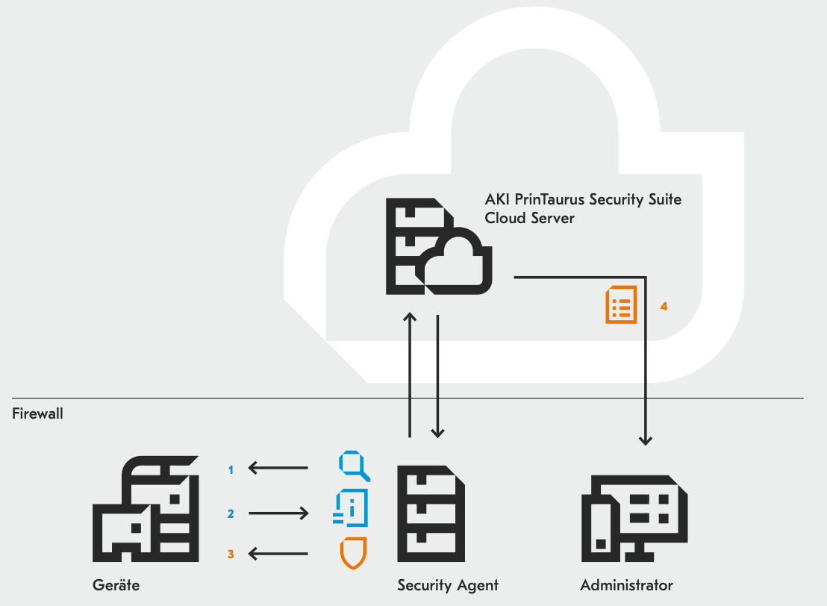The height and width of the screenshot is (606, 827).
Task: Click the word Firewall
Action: (x=37, y=413)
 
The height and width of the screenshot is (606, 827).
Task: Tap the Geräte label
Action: (x=116, y=584)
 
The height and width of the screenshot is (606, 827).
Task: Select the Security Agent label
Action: (x=448, y=584)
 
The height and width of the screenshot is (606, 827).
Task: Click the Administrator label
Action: (x=626, y=584)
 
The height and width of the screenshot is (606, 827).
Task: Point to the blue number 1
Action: (x=231, y=469)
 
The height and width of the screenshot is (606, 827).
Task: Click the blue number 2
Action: (x=231, y=513)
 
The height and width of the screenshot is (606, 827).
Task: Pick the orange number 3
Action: (x=231, y=554)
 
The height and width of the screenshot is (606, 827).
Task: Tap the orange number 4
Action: (x=664, y=306)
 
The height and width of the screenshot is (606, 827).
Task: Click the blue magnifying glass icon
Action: (x=355, y=466)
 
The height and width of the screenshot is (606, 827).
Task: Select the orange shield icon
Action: (x=353, y=553)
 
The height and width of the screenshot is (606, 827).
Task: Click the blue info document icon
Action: (x=352, y=508)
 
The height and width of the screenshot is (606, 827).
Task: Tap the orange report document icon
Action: (x=621, y=304)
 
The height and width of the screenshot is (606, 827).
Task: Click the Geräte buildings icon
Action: (x=146, y=507)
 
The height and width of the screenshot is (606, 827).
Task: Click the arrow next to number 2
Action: (x=278, y=513)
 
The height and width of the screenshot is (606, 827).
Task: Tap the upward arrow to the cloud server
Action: (x=409, y=373)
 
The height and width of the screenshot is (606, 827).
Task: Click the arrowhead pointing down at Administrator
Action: (x=646, y=441)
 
